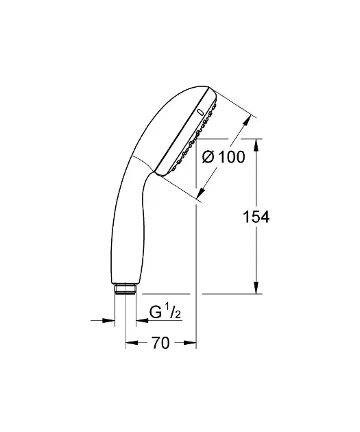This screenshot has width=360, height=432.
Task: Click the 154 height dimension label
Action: click(256, 217)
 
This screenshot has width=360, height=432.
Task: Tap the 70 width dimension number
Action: click(160, 343)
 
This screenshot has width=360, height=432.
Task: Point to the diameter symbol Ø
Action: click(208, 157)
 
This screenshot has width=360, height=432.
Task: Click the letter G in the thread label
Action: click(155, 312)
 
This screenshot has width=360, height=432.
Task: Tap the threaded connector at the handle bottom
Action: click(125, 289)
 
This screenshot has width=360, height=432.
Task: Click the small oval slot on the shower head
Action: click(200, 112)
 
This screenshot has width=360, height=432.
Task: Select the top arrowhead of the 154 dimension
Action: click(256, 145)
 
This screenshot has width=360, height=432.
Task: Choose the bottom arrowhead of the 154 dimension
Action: click(256, 287)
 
